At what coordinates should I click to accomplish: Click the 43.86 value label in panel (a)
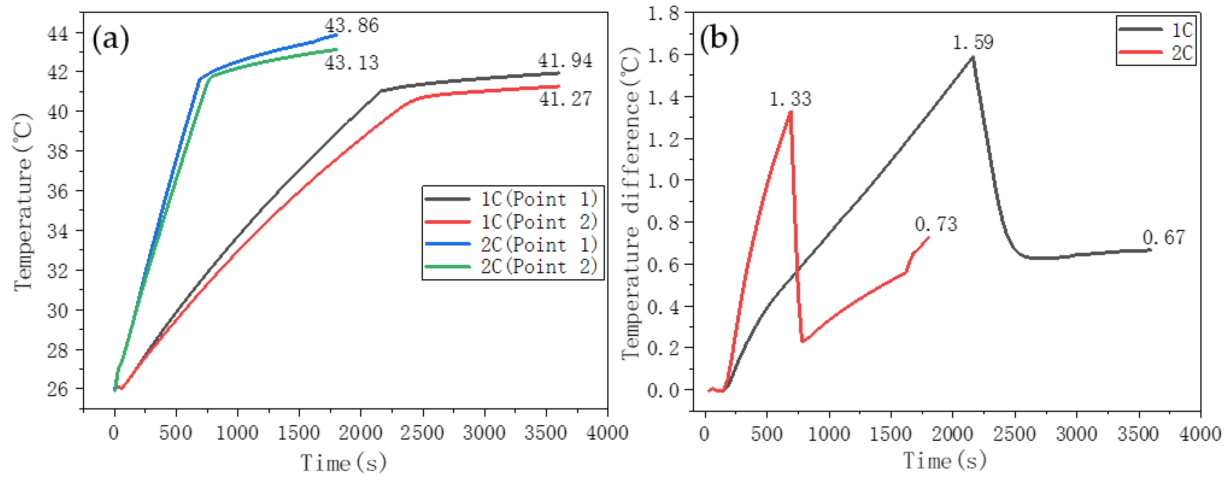click(x=352, y=25)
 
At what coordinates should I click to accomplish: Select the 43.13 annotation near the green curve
click(x=352, y=62)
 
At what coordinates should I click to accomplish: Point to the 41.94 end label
click(x=565, y=61)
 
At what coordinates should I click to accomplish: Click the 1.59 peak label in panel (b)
click(x=973, y=42)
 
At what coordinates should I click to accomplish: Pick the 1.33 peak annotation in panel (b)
click(x=790, y=99)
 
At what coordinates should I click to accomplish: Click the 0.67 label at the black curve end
click(x=1164, y=238)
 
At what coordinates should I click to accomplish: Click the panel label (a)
click(x=111, y=40)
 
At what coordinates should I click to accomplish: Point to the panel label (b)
click(x=719, y=40)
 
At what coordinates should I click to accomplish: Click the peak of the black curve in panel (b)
click(x=973, y=57)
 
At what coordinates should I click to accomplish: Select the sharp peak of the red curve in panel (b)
click(x=791, y=112)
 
